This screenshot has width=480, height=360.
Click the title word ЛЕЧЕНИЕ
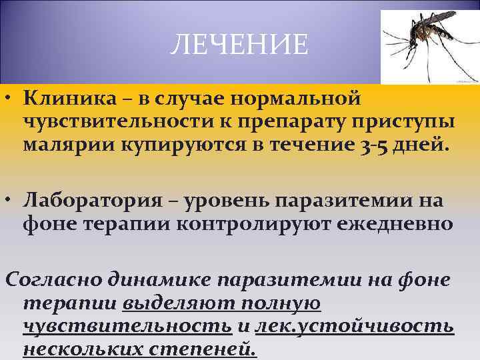pos(239,45)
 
